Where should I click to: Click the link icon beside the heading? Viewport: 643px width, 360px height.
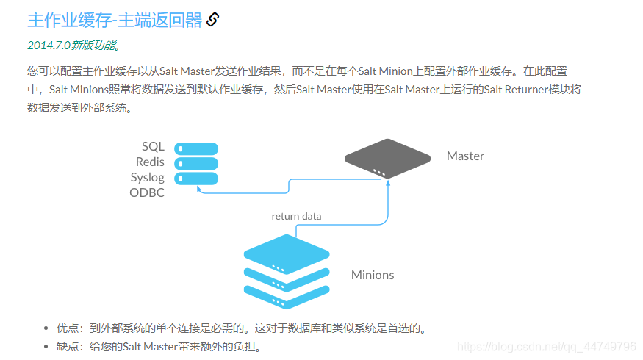click(x=213, y=20)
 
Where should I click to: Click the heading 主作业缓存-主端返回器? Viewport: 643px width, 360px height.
click(x=114, y=20)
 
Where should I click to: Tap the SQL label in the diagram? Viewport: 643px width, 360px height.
click(x=153, y=147)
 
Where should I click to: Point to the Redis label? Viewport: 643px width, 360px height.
click(x=150, y=162)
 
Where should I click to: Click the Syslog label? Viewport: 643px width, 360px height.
click(x=148, y=178)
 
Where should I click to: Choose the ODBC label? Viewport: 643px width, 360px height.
click(x=147, y=193)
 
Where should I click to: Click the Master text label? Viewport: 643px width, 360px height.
click(x=465, y=156)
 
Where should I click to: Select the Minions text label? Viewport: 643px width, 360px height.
click(x=373, y=275)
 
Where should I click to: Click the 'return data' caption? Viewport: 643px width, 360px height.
click(x=296, y=216)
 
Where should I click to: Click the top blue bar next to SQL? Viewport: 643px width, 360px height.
click(x=196, y=148)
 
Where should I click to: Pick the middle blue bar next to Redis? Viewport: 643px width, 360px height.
click(x=196, y=163)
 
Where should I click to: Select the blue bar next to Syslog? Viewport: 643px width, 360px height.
click(x=196, y=178)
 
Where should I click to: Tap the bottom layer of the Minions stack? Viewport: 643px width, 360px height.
click(x=286, y=295)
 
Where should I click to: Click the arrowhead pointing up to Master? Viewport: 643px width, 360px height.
click(x=387, y=184)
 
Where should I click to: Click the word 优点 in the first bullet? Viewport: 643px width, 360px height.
click(x=67, y=328)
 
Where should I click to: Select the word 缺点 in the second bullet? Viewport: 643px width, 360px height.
click(x=67, y=347)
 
